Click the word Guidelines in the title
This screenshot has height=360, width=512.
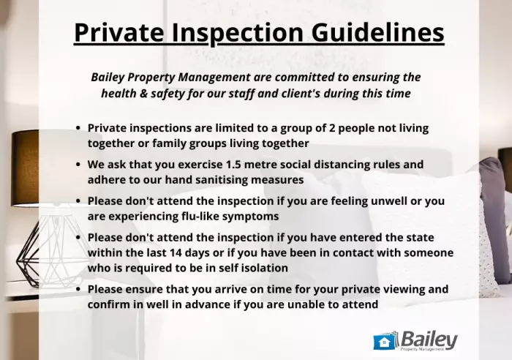pos(378,32)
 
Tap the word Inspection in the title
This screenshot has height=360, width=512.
pos(238,34)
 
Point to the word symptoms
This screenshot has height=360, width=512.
pos(250,217)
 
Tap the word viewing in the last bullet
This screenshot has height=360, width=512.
pos(405,290)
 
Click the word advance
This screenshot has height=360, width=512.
pos(202,304)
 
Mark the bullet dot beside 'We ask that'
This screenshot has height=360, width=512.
pos(78,164)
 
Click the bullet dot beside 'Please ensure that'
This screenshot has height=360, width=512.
pos(78,289)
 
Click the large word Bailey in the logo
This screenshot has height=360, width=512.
pos(429,340)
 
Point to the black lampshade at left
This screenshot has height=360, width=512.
pos(25,168)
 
